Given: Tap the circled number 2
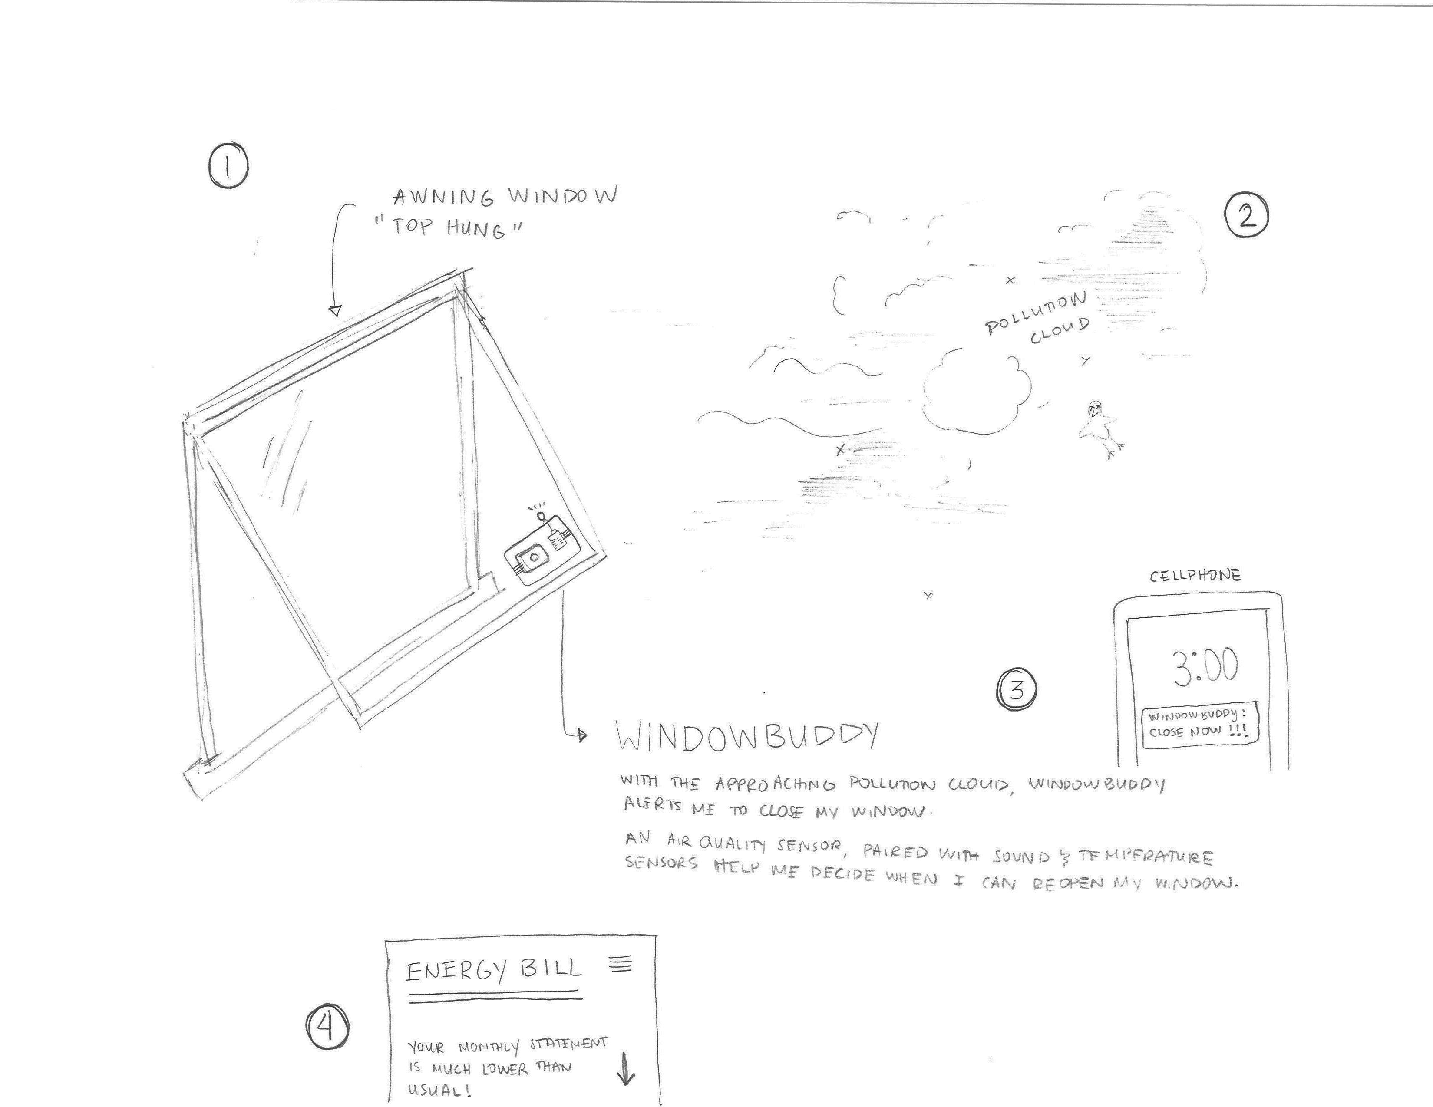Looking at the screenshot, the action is click(1247, 215).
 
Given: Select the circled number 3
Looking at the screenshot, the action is click(1017, 689).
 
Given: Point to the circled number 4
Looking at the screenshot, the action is click(327, 1027).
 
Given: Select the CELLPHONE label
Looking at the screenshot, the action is click(1195, 576).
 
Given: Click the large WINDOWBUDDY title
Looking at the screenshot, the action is click(747, 736).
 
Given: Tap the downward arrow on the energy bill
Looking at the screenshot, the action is click(627, 1069).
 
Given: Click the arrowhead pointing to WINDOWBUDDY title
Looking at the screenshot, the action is click(582, 736).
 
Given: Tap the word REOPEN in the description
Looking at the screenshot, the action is click(1071, 883).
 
